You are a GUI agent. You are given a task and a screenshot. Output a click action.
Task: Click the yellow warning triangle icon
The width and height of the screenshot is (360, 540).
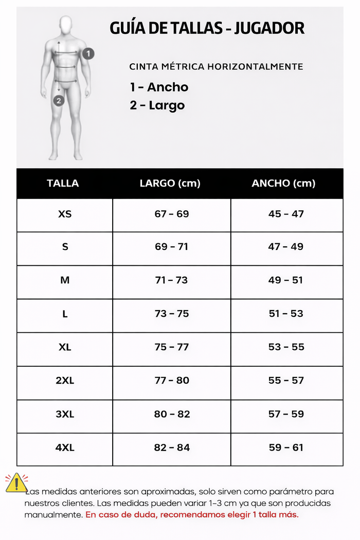16,483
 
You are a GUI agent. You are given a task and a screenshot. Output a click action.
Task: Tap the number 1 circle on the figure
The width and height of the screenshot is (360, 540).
88,53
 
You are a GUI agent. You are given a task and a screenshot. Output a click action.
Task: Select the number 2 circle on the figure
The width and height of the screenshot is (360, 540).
59,101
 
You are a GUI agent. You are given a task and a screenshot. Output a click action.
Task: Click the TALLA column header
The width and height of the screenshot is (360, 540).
63,184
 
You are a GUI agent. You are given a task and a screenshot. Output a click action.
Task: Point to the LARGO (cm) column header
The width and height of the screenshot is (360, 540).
170,184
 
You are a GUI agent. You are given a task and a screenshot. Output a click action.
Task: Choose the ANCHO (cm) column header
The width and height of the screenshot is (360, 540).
283,184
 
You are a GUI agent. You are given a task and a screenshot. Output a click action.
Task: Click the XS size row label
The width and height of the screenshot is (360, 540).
65,214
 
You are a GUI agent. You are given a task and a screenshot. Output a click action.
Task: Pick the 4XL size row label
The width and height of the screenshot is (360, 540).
65,448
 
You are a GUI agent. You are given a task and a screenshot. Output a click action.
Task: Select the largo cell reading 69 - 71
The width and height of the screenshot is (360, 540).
171,247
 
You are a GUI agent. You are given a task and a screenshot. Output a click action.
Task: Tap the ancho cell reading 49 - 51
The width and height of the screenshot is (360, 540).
286,280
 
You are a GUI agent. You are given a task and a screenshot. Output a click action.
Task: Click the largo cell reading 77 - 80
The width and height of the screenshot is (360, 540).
172,381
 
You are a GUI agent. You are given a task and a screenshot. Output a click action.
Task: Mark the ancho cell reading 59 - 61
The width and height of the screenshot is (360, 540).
286,448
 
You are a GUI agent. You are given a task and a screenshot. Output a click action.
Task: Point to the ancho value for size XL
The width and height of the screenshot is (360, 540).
286,347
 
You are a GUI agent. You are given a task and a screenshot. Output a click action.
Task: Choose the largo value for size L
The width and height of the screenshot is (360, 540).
172,314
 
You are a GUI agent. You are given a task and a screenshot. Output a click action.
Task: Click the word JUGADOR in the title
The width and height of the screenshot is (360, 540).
269,28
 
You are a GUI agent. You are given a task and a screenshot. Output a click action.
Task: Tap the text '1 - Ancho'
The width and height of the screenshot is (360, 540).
159,87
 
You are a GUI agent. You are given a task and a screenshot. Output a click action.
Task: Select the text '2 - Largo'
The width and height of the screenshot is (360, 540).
157,105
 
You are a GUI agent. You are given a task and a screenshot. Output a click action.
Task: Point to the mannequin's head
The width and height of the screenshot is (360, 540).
65,24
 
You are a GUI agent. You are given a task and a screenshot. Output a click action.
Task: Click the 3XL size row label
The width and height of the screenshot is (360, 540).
65,415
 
